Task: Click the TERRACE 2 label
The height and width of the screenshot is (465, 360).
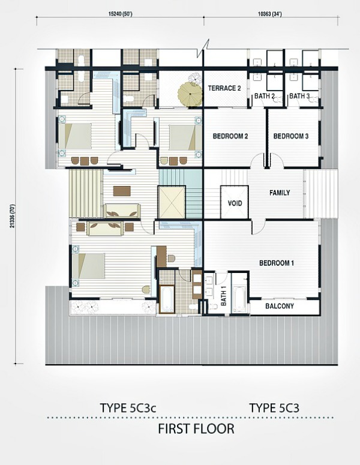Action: point(224,88)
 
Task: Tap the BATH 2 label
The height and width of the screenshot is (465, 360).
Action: point(265,96)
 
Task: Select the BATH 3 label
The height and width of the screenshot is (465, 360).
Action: point(299,96)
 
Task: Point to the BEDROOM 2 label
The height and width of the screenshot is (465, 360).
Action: point(230,136)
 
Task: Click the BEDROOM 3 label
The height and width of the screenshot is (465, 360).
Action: point(291,136)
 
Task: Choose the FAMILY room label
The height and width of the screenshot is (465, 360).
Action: point(280,193)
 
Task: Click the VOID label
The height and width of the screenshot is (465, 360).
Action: point(235,203)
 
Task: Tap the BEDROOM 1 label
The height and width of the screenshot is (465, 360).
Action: point(277,263)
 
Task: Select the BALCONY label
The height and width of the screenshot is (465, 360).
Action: point(280,306)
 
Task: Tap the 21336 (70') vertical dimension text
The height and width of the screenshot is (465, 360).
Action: point(12,217)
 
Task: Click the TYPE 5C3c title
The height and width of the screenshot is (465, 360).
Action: point(128,408)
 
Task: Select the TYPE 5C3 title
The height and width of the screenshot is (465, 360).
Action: point(274,408)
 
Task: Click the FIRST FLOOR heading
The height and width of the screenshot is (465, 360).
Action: point(196,429)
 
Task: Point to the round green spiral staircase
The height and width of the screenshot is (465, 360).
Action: point(190,94)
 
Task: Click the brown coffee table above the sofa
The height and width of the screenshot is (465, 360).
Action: point(122,191)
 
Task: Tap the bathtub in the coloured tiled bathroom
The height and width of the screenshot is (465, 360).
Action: point(167,299)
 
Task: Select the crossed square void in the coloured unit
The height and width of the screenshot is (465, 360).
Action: point(172,202)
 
